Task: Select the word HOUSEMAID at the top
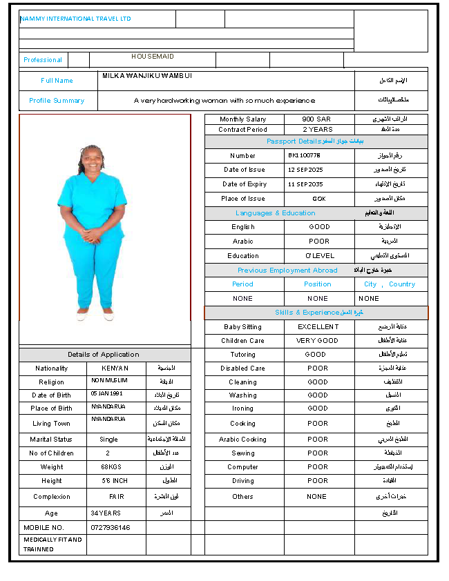(153, 57)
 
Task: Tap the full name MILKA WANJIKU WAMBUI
(147, 75)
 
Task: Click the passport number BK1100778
(305, 156)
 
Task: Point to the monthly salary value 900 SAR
(316, 119)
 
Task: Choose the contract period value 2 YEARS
(317, 130)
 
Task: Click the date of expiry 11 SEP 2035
(305, 184)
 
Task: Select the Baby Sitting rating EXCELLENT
(318, 327)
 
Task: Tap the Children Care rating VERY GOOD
(318, 341)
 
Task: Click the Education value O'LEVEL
(319, 256)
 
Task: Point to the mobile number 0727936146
(111, 528)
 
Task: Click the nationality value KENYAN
(115, 368)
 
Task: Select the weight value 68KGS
(110, 467)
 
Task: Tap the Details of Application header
(104, 355)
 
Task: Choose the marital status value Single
(108, 440)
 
